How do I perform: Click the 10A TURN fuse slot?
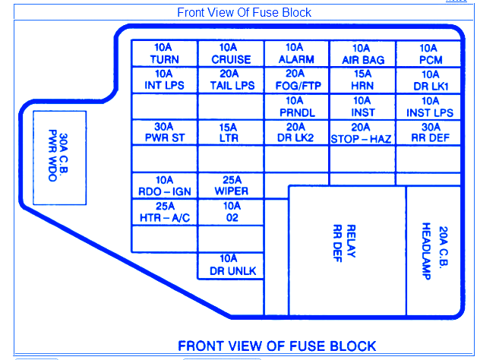pos(164,54)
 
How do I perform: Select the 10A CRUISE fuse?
pos(231,54)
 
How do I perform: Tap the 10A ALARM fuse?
pos(296,54)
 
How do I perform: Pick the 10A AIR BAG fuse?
pos(362,54)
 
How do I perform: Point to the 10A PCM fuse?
pos(429,54)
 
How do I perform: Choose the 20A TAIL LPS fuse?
pos(231,81)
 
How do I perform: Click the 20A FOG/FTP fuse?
pos(296,81)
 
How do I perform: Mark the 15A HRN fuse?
pos(362,81)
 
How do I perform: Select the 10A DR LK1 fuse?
pos(429,81)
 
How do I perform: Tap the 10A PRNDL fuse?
pos(296,106)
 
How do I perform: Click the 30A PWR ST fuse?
pos(164,133)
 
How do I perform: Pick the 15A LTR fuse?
pos(231,133)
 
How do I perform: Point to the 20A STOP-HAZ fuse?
pos(362,133)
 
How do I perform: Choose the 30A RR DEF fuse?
pos(429,133)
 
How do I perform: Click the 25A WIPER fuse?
pos(231,186)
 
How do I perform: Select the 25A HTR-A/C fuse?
pos(164,212)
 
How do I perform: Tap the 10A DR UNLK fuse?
pos(231,265)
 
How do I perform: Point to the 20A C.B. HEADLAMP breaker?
pos(434,251)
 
